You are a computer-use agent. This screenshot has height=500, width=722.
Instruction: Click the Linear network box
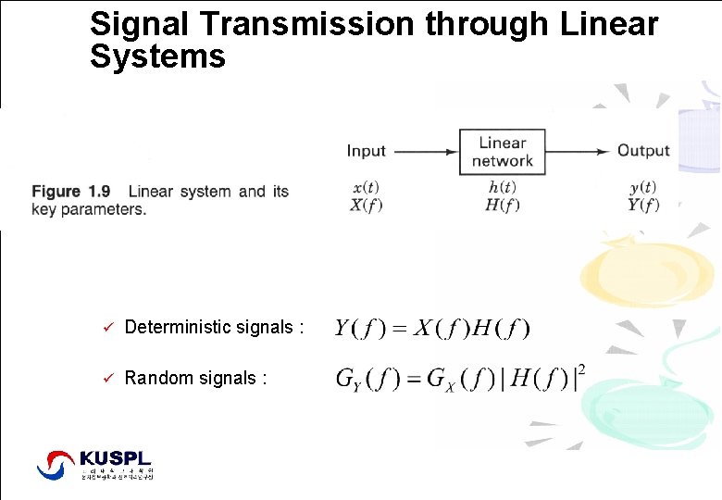click(x=502, y=152)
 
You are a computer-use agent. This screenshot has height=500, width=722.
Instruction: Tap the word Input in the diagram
click(x=367, y=151)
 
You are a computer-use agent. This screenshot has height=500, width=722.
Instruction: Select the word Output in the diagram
click(x=643, y=151)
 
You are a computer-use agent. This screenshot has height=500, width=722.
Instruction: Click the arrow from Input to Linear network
click(x=424, y=151)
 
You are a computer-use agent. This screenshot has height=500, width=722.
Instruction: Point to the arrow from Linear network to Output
click(x=579, y=151)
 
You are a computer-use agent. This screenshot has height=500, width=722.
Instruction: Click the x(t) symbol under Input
click(x=366, y=187)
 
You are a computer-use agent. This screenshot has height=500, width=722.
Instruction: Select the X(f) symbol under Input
click(x=366, y=205)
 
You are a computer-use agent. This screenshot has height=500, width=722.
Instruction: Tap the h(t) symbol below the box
click(x=502, y=187)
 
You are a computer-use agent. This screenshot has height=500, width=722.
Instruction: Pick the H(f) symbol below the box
click(x=502, y=205)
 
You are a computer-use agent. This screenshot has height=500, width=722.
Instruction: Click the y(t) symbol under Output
click(x=642, y=187)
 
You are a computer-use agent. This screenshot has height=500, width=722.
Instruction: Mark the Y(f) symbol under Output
click(x=642, y=205)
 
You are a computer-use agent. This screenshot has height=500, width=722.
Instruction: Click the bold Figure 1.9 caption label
click(x=71, y=192)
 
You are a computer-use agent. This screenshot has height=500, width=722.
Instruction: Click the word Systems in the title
click(x=157, y=57)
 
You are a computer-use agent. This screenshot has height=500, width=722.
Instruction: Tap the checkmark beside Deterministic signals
click(x=107, y=327)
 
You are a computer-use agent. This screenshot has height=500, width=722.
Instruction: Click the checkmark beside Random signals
click(x=107, y=378)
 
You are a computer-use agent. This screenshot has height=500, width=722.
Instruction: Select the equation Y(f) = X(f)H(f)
click(x=432, y=328)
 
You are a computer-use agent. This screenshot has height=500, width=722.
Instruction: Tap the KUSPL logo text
click(x=115, y=458)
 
